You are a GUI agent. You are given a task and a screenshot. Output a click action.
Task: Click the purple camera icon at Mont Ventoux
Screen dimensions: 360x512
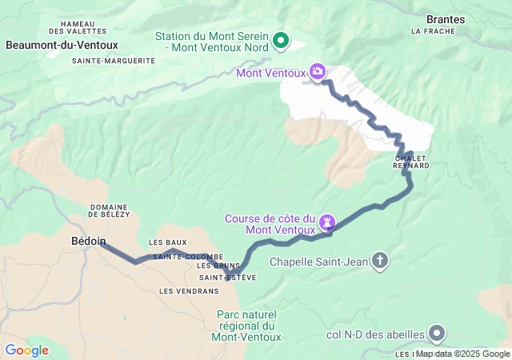(318, 73)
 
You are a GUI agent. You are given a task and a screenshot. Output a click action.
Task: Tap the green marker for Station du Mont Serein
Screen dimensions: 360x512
(281, 39)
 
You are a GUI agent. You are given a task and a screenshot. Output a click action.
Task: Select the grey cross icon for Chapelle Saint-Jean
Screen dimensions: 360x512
(380, 260)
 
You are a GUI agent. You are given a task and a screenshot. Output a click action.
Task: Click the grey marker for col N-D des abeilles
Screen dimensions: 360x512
(437, 332)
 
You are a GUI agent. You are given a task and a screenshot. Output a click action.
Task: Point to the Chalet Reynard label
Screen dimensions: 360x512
(412, 162)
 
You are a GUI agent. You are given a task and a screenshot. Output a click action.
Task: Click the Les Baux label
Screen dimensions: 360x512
(167, 242)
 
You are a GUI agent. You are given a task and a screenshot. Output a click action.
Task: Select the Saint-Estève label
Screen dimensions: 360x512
(228, 278)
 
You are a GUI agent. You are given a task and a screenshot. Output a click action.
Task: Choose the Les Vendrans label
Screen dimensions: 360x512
(183, 291)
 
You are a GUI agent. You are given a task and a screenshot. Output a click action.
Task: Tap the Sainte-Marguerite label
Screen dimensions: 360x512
(113, 61)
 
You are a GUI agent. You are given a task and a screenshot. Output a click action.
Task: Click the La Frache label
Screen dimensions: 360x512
(433, 31)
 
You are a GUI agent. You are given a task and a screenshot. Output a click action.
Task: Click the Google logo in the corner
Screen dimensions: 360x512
(26, 350)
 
